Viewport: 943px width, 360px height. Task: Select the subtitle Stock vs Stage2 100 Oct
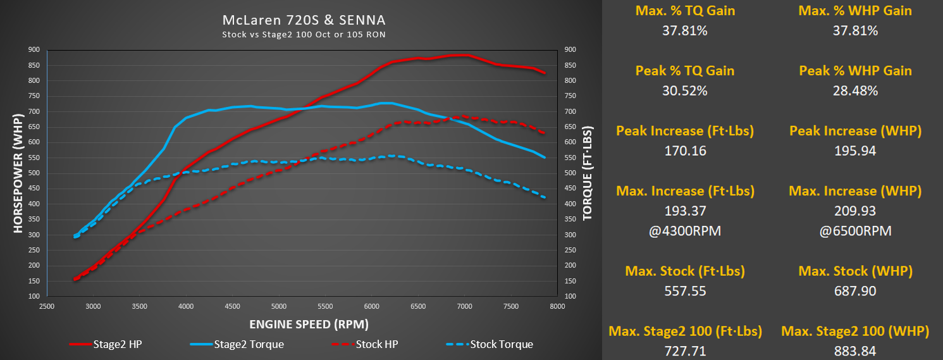(x=303, y=35)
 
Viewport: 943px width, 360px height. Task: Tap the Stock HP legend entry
(x=364, y=344)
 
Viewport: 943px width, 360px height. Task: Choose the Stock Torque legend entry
(x=490, y=344)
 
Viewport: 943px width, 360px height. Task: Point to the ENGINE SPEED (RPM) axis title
(x=309, y=324)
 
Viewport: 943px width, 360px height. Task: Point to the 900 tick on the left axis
(x=34, y=50)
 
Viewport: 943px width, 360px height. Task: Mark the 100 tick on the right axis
(x=570, y=296)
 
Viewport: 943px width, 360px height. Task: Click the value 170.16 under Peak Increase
(x=685, y=151)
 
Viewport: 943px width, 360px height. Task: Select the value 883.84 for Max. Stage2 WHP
(x=855, y=351)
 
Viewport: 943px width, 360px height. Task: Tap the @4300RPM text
(x=685, y=231)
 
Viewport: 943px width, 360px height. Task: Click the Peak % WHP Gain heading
(x=855, y=70)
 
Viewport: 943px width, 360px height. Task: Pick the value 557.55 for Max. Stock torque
(x=685, y=291)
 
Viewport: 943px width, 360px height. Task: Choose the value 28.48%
(x=855, y=90)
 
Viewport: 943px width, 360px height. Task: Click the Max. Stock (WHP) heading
(x=855, y=271)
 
